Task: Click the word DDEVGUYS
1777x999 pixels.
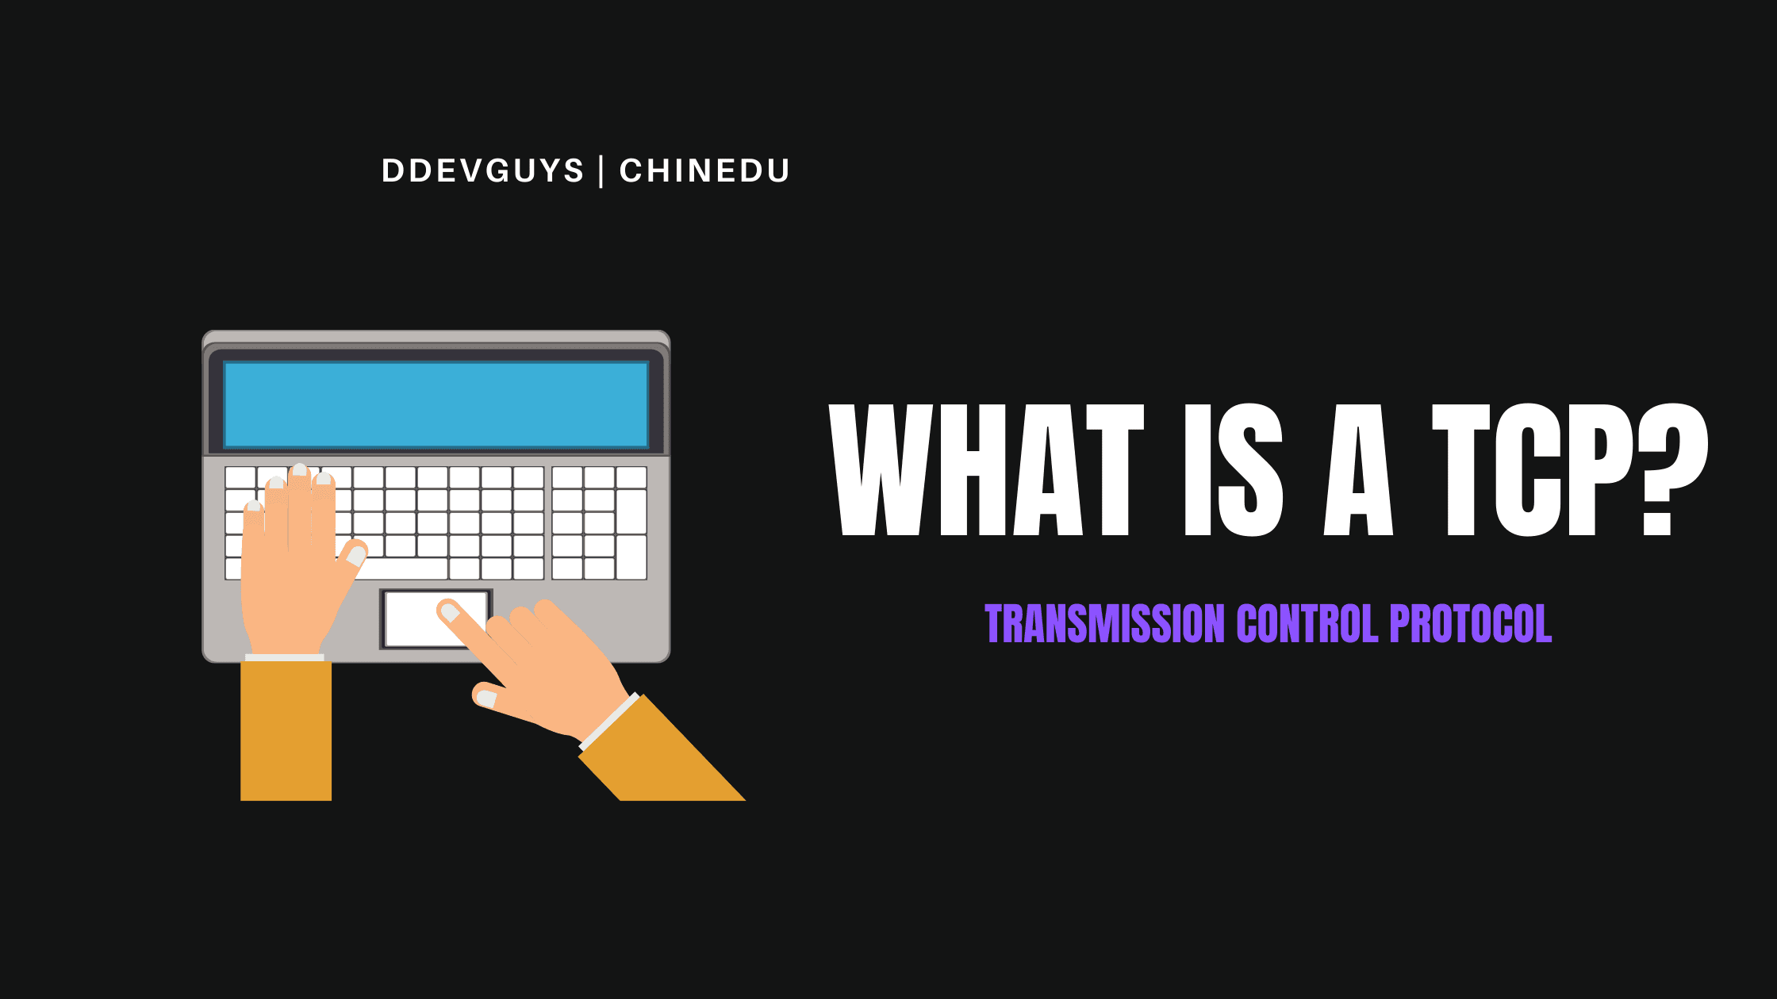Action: tap(482, 171)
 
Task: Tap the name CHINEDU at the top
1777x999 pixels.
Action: tap(704, 171)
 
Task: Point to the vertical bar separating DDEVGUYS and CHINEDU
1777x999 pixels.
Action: tap(601, 171)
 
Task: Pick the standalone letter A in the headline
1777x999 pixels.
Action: tap(1358, 469)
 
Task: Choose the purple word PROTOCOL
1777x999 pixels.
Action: tap(1470, 623)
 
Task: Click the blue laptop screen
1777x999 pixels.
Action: tap(436, 404)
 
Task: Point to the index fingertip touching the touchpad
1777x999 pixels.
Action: tap(449, 612)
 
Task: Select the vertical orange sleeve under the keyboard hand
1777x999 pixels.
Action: tap(286, 729)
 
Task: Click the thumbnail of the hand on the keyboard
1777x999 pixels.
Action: tap(356, 555)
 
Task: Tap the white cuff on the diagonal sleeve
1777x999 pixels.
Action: tap(609, 721)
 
